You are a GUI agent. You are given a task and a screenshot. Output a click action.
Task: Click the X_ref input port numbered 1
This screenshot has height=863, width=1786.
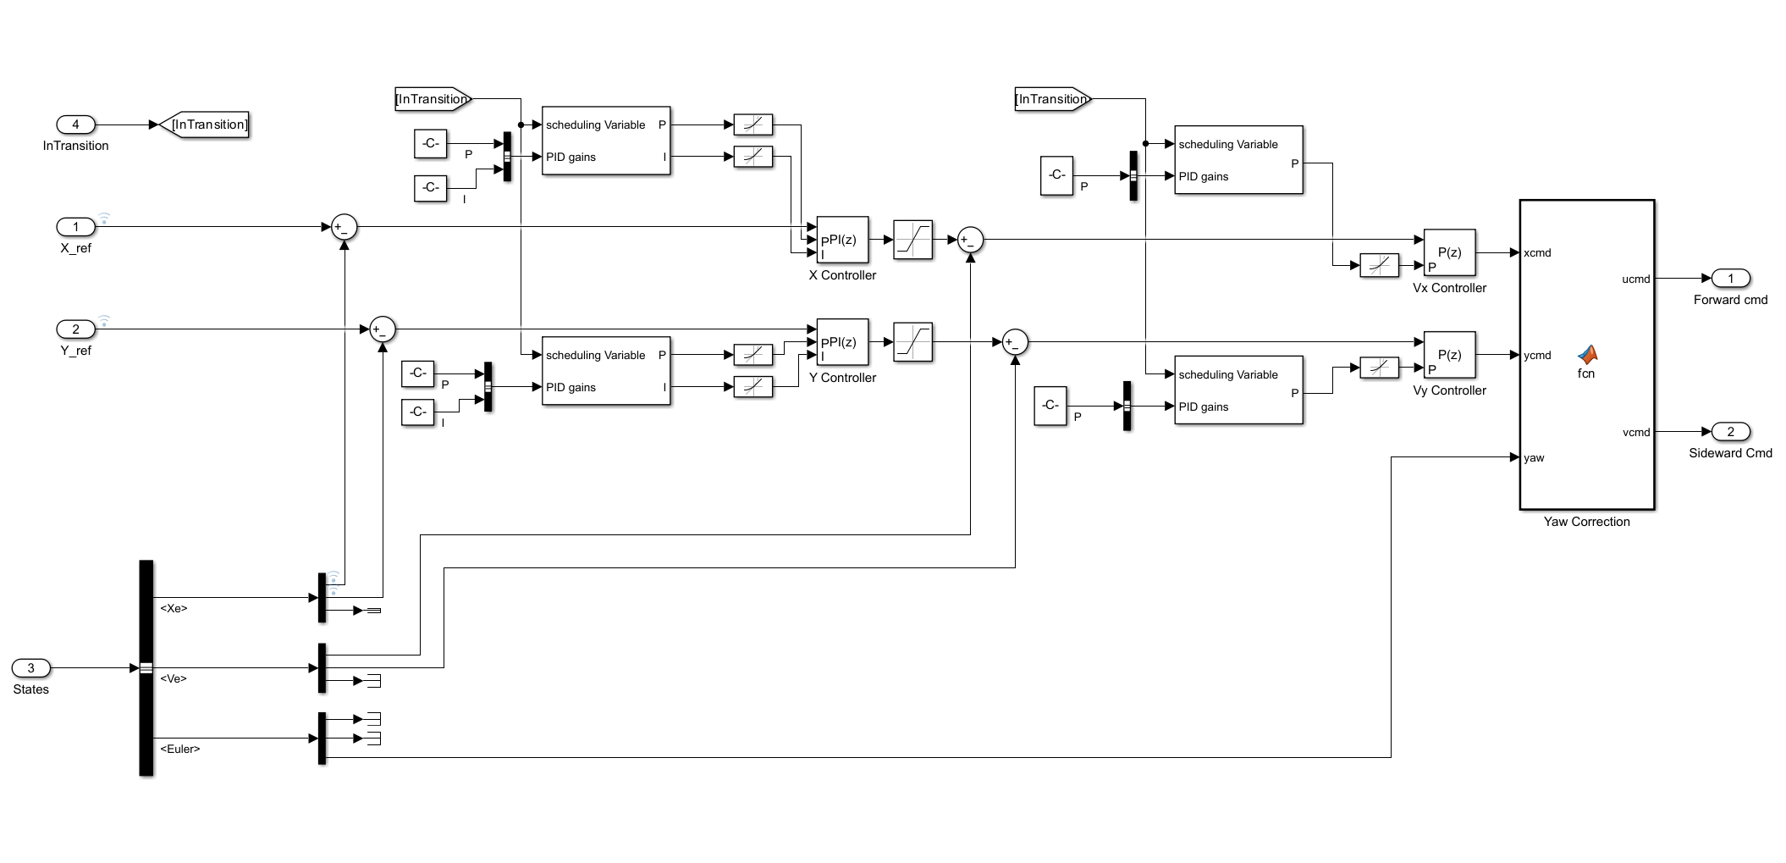pyautogui.click(x=75, y=227)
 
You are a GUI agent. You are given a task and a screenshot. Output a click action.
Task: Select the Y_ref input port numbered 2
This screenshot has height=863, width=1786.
pyautogui.click(x=75, y=329)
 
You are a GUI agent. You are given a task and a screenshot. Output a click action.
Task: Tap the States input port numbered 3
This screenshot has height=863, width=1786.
pyautogui.click(x=31, y=668)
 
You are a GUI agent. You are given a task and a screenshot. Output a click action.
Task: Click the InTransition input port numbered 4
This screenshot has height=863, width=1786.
pyautogui.click(x=75, y=124)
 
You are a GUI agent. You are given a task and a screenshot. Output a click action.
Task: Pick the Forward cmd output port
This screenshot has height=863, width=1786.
pyautogui.click(x=1730, y=279)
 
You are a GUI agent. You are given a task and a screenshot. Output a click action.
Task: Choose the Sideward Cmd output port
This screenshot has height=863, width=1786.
pyautogui.click(x=1730, y=432)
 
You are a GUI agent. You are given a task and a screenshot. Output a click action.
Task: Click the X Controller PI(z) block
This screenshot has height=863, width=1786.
pyautogui.click(x=842, y=241)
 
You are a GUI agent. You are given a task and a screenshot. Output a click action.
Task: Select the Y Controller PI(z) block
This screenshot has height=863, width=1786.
pyautogui.click(x=842, y=342)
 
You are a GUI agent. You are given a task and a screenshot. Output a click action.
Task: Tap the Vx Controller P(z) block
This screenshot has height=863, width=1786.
pyautogui.click(x=1449, y=252)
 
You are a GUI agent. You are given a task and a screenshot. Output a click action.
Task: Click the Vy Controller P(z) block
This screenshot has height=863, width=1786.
pyautogui.click(x=1449, y=355)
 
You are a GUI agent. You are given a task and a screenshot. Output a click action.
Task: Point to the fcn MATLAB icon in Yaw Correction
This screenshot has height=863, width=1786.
pyautogui.click(x=1587, y=355)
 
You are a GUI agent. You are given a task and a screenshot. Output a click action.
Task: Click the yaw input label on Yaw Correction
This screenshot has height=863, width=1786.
pyautogui.click(x=1534, y=458)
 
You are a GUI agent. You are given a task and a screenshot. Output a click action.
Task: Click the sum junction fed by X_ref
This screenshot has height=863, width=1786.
pyautogui.click(x=345, y=227)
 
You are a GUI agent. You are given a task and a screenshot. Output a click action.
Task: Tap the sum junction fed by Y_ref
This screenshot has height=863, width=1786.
pyautogui.click(x=383, y=329)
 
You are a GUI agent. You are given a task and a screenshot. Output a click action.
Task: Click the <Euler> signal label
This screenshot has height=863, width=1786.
pyautogui.click(x=179, y=750)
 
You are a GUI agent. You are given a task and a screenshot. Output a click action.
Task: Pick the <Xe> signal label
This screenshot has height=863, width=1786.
pyautogui.click(x=174, y=609)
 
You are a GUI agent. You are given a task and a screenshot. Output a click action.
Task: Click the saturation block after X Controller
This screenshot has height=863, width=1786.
pyautogui.click(x=912, y=241)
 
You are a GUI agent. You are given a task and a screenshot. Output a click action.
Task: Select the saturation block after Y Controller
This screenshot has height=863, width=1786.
pyautogui.click(x=912, y=342)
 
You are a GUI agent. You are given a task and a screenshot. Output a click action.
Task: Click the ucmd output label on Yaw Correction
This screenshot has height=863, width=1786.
pyautogui.click(x=1635, y=279)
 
